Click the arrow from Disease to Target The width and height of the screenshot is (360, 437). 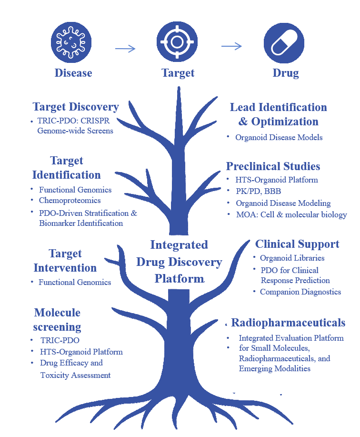pos(125,48)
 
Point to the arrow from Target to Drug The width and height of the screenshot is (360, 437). pos(232,46)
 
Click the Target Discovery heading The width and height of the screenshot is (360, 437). pos(75,107)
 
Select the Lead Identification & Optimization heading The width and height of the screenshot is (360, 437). pos(278,114)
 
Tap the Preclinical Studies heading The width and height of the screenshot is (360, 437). pos(273,166)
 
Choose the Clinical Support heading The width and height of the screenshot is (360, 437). pos(297,244)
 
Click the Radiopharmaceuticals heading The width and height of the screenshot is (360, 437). pos(288,323)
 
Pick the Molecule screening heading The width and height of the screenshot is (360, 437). pos(57,320)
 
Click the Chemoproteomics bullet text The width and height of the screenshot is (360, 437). pos(69,201)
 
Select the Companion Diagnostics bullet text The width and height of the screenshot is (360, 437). pos(300,292)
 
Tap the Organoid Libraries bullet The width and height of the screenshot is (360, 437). pos(292,258)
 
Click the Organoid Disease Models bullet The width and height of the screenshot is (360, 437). pos(279,137)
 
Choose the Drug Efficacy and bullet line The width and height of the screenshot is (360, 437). pos(71,363)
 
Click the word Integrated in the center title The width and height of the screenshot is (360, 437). pos(179,245)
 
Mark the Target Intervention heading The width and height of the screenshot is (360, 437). pos(65,261)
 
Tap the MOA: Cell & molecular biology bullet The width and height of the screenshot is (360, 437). pos(291,215)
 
